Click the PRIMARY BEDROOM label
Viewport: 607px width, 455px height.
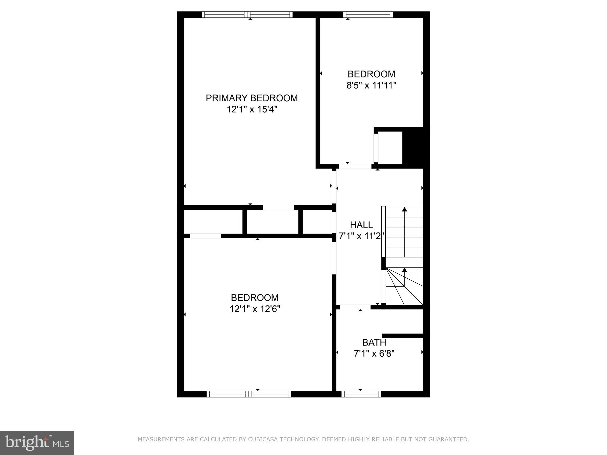(252, 98)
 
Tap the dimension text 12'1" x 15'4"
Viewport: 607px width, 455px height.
(252, 110)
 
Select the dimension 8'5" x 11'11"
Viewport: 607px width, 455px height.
(371, 86)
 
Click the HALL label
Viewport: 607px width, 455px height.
(361, 225)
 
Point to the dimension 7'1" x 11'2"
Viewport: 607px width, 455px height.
(361, 236)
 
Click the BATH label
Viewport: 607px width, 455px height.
(374, 342)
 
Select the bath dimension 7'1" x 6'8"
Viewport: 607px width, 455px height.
(374, 354)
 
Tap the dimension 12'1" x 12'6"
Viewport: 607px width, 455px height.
(255, 309)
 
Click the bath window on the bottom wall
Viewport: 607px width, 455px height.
(361, 394)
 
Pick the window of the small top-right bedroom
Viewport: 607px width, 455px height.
(368, 15)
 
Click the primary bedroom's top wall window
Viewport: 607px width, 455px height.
(247, 15)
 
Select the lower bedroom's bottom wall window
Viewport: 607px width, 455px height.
(248, 394)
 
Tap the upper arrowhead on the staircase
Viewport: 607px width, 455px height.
(404, 209)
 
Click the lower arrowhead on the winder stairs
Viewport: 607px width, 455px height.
(404, 270)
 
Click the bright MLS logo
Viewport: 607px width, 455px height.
(37, 443)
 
